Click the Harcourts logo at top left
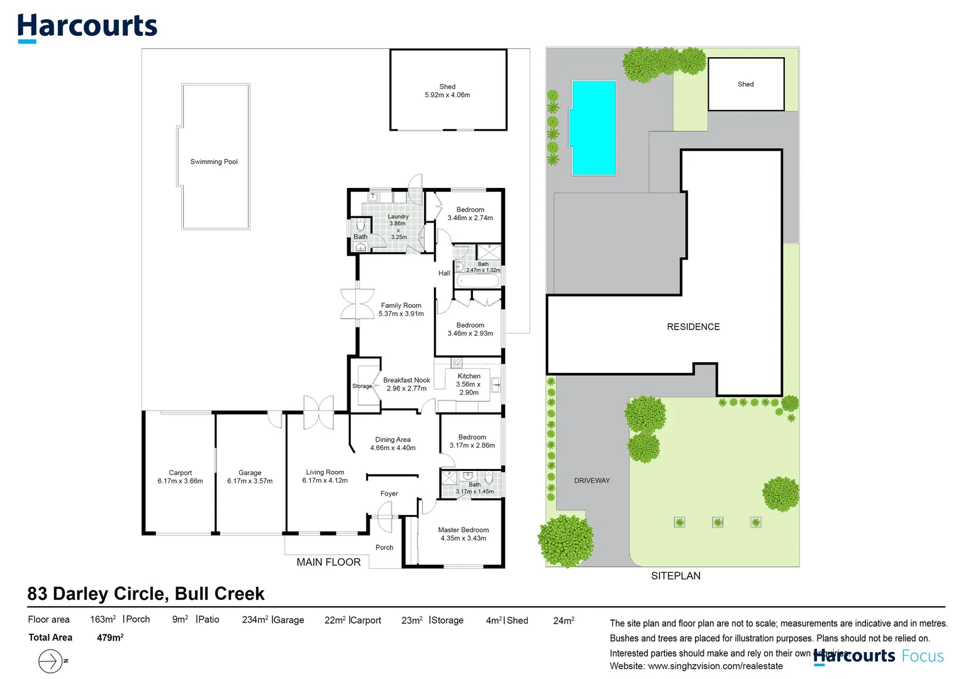tap(87, 27)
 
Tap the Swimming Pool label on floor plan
tap(214, 162)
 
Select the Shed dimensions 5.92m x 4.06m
tap(447, 95)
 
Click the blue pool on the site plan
tap(593, 128)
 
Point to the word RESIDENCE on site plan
tap(693, 327)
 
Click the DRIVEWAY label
tap(592, 480)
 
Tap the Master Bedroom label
tap(464, 530)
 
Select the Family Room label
tap(401, 306)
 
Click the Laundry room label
tap(398, 217)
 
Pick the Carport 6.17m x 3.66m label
tap(181, 477)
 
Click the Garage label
tap(250, 473)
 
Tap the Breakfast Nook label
tap(406, 380)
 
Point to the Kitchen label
tap(469, 376)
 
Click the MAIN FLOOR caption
tap(328, 562)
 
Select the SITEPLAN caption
tap(675, 576)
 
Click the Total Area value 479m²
tap(110, 638)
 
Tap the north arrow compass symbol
tap(51, 661)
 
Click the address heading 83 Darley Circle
tap(146, 594)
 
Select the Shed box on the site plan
tap(746, 84)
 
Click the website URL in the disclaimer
tap(715, 666)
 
